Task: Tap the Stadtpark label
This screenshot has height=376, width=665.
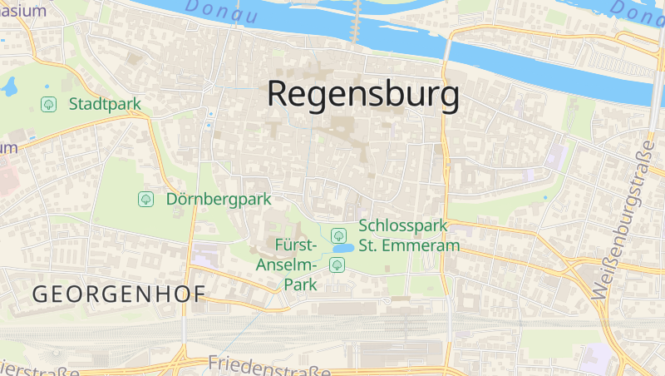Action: (105, 104)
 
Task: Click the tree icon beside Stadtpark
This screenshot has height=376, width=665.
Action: (49, 104)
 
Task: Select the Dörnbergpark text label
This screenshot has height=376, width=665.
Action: (219, 200)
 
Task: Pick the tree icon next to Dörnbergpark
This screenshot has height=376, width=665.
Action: (146, 200)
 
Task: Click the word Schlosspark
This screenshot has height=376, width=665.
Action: (403, 225)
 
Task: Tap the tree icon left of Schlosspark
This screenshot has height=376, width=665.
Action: (338, 235)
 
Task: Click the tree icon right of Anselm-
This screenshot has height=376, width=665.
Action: (337, 265)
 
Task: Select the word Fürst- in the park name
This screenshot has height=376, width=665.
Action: (295, 245)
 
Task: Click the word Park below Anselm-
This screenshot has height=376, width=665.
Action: (301, 284)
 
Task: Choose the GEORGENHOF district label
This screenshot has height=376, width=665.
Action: (118, 294)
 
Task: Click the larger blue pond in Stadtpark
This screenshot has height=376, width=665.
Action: (11, 86)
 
